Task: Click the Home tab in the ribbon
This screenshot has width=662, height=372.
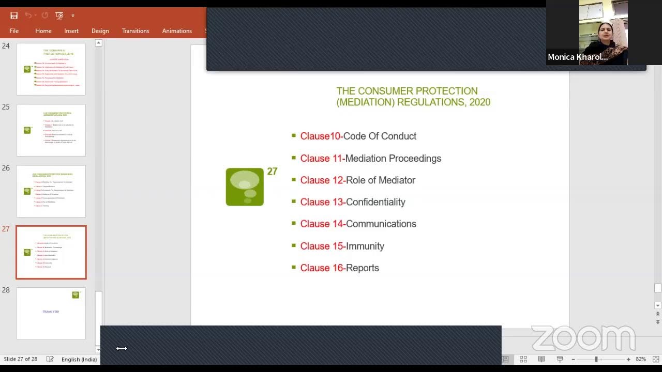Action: pyautogui.click(x=43, y=31)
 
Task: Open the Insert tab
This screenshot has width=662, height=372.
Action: pyautogui.click(x=71, y=31)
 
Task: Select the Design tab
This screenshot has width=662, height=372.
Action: pyautogui.click(x=100, y=31)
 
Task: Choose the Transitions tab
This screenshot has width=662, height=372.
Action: pyautogui.click(x=136, y=31)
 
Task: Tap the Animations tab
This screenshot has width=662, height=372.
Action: pyautogui.click(x=177, y=31)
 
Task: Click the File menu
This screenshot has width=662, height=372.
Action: pyautogui.click(x=14, y=31)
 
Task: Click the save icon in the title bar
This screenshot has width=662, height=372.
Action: pyautogui.click(x=14, y=16)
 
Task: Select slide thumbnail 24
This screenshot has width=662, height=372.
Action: pyautogui.click(x=51, y=69)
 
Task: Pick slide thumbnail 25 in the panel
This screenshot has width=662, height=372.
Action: pyautogui.click(x=51, y=130)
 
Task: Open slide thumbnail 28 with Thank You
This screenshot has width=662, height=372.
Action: pyautogui.click(x=51, y=313)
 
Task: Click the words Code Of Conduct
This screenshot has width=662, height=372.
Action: pyautogui.click(x=380, y=136)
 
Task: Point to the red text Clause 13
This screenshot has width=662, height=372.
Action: pyautogui.click(x=322, y=202)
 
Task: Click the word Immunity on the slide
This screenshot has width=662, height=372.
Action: pyautogui.click(x=365, y=246)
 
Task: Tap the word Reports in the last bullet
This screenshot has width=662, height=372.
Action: pyautogui.click(x=362, y=268)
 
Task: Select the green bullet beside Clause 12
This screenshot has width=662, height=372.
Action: pyautogui.click(x=294, y=180)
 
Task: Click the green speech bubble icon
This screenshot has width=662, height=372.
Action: pyautogui.click(x=245, y=187)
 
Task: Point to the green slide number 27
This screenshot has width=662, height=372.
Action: pyautogui.click(x=272, y=172)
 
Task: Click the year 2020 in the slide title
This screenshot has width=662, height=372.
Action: pyautogui.click(x=479, y=102)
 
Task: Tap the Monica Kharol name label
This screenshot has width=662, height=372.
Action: pyautogui.click(x=578, y=57)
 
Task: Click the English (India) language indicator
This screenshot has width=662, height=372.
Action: pyautogui.click(x=79, y=359)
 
